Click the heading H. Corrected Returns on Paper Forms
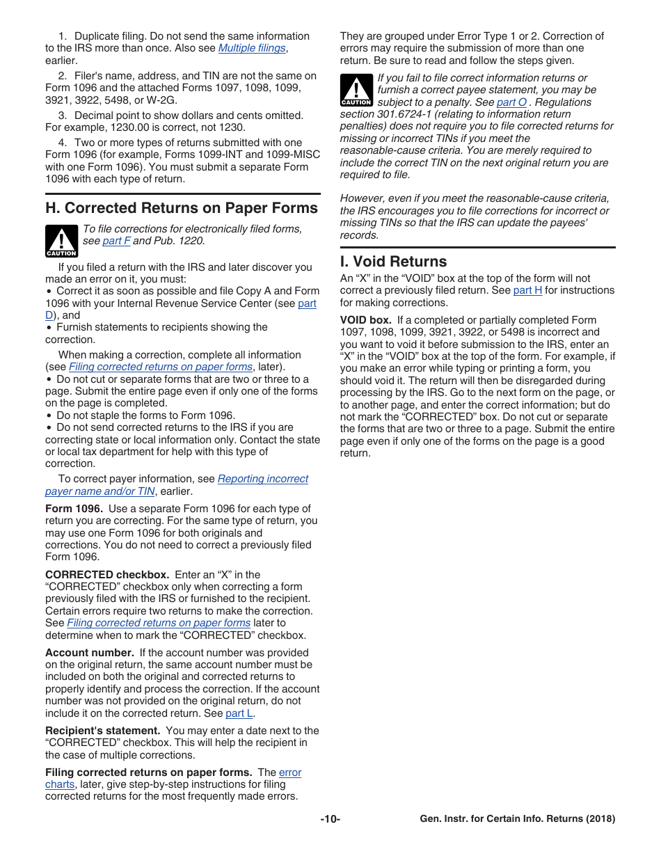[x=181, y=208]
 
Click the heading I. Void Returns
[x=393, y=262]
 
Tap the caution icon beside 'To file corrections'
[x=61, y=241]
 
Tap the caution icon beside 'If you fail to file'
[x=356, y=90]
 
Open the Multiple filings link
[x=252, y=48]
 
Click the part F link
[x=116, y=241]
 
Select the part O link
[x=511, y=102]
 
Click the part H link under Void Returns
[x=527, y=290]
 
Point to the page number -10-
[x=330, y=819]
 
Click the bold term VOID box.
[x=365, y=320]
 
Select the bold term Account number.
[x=89, y=653]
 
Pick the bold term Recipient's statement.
[x=102, y=731]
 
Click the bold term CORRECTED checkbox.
[x=106, y=575]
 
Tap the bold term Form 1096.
[x=74, y=509]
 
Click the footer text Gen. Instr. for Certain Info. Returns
[x=517, y=819]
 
